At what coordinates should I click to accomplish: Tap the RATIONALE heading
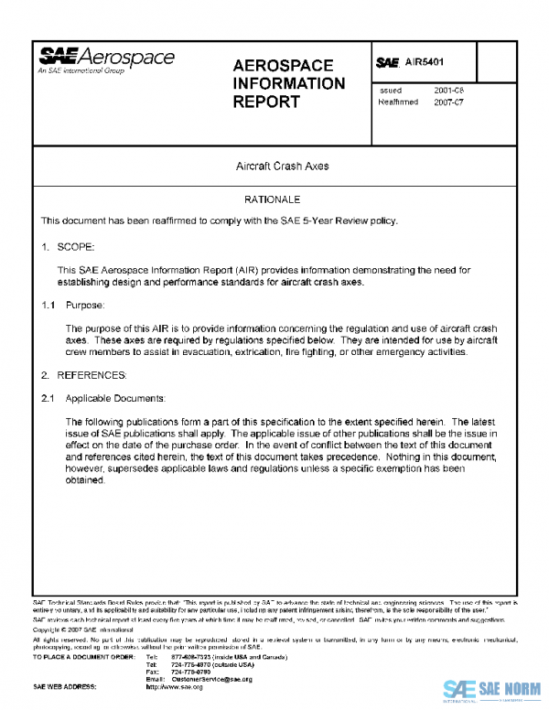click(272, 199)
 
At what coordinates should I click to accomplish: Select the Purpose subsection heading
click(85, 304)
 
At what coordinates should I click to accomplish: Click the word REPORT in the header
click(266, 102)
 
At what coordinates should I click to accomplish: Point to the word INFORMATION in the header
click(289, 83)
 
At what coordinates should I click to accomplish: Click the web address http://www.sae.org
click(175, 686)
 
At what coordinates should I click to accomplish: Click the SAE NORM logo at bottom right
click(491, 689)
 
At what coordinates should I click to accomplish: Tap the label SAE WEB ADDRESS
click(65, 686)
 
